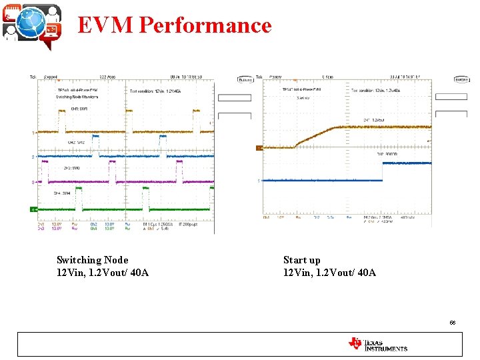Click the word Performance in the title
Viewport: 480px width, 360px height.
206,25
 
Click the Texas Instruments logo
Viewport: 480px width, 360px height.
377,344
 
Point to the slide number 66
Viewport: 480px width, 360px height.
453,322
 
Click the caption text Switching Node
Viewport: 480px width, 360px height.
93,260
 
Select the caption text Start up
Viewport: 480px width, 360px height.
302,260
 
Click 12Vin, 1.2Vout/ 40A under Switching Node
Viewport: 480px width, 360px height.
103,273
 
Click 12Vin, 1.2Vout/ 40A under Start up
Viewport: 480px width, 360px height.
329,273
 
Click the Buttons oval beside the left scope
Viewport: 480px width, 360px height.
245,79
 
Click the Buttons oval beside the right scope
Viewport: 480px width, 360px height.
461,79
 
